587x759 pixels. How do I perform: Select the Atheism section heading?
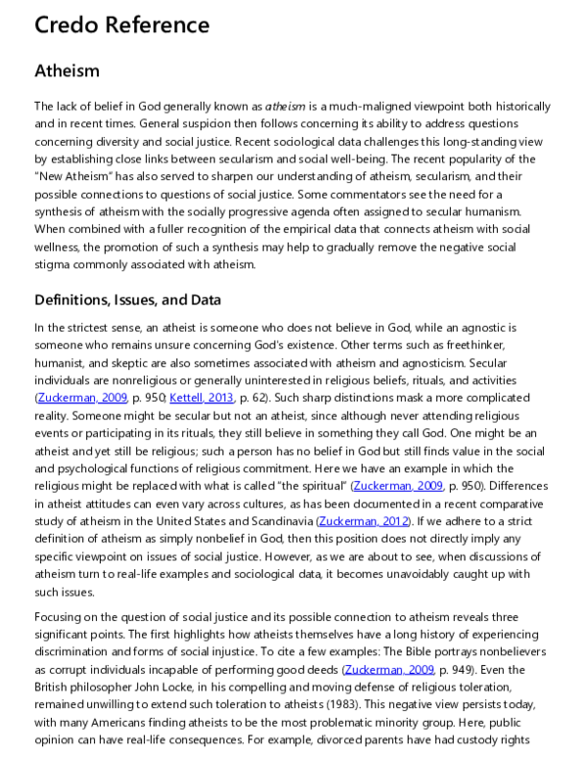67,70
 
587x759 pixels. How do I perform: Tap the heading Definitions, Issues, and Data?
127,299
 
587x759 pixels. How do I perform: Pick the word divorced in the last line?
383,739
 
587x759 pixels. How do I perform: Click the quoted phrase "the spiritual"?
309,486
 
